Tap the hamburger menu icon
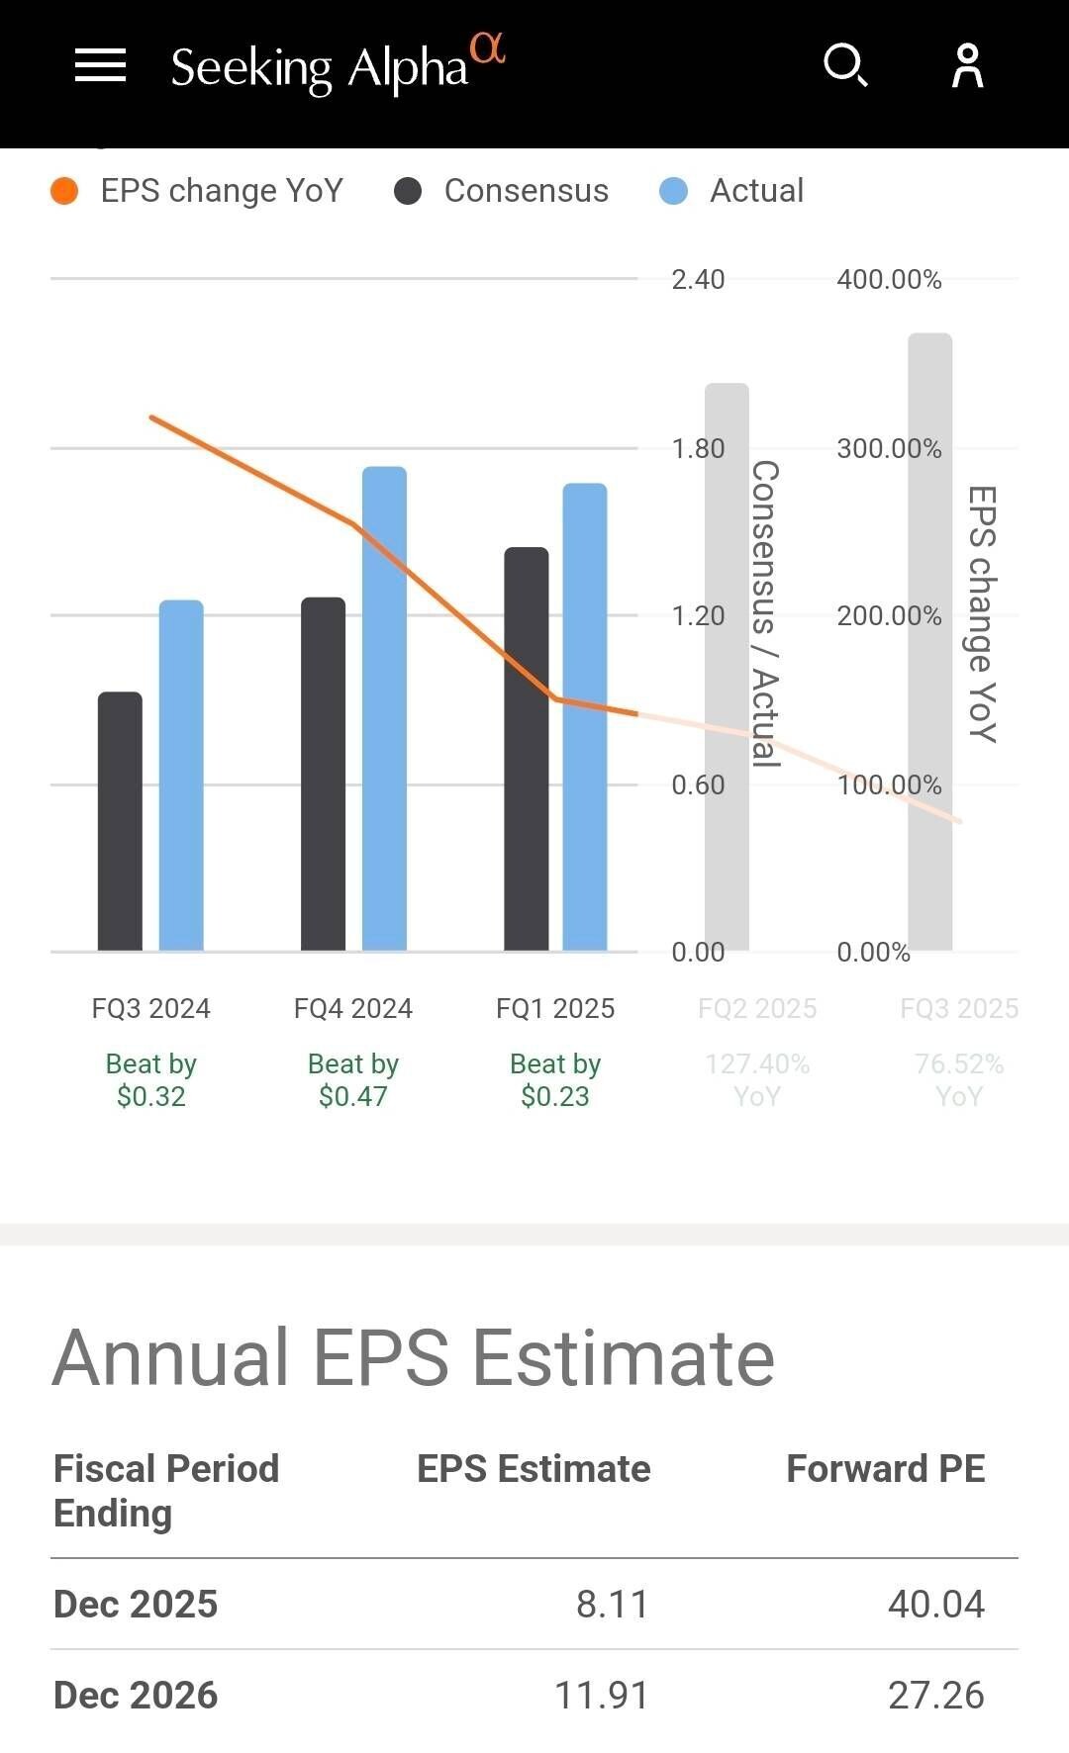[100, 66]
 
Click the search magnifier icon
[846, 66]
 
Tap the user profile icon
[967, 66]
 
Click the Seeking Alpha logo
[337, 66]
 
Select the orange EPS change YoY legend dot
[64, 191]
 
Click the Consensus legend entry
[526, 191]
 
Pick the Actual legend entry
[756, 191]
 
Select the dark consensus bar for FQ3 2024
[120, 821]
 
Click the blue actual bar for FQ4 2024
[384, 708]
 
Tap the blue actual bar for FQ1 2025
[585, 716]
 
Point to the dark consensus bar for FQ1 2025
[526, 749]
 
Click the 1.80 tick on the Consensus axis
[698, 449]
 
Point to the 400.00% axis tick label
[889, 280]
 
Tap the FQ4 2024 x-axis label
[353, 1008]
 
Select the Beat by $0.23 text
[555, 1080]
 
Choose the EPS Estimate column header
[534, 1469]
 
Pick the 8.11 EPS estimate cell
[612, 1605]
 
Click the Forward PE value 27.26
[935, 1696]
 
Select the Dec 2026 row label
[136, 1696]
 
